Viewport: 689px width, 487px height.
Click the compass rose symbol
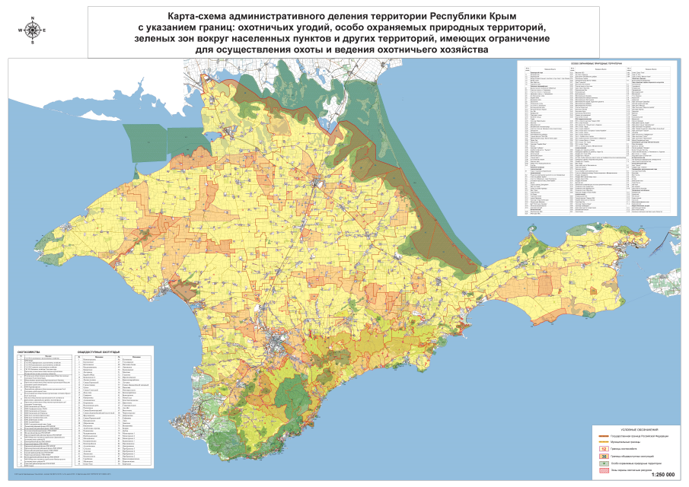33,30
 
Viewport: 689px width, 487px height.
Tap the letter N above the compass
33,17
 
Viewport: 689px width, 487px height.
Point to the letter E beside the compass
45,30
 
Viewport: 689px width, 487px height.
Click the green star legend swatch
603,463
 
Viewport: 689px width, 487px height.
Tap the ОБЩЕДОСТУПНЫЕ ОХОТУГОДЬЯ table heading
99,352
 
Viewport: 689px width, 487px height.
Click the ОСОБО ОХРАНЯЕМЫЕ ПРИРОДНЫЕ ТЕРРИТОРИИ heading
593,64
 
